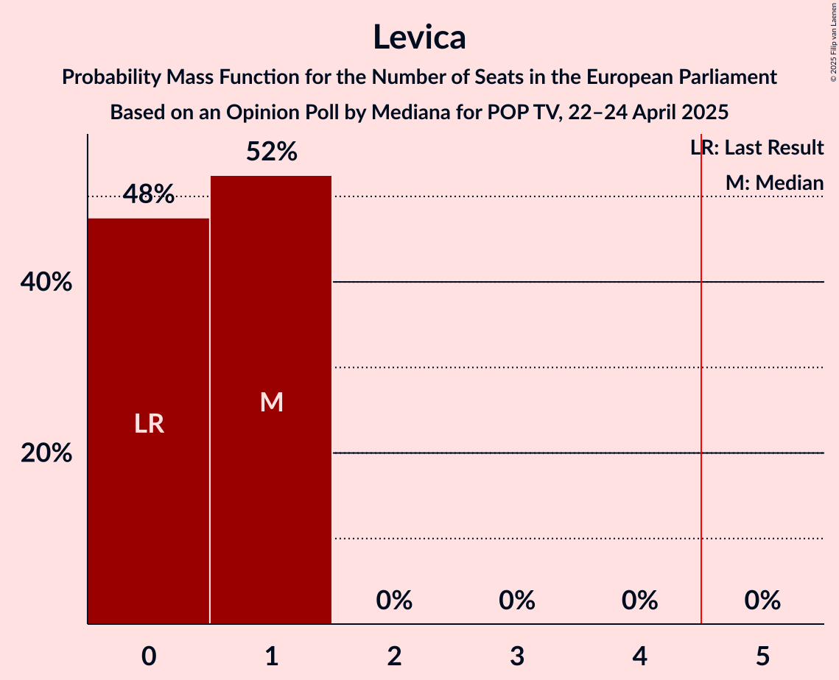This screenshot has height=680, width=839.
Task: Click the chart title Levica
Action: click(x=419, y=37)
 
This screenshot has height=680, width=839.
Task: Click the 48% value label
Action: click(x=149, y=194)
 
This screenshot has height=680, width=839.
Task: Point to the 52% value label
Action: click(x=271, y=152)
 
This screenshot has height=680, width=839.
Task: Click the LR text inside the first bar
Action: click(x=149, y=424)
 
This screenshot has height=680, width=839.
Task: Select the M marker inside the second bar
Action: click(x=271, y=402)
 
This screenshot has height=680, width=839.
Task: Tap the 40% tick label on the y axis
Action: click(x=46, y=282)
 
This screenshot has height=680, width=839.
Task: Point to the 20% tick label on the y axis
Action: click(x=46, y=453)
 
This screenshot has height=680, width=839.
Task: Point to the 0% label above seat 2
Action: click(x=394, y=601)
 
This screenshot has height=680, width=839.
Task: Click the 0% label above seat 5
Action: click(x=762, y=601)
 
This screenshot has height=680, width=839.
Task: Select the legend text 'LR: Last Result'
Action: click(x=757, y=148)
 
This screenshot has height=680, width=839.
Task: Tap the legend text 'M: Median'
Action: click(x=774, y=183)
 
